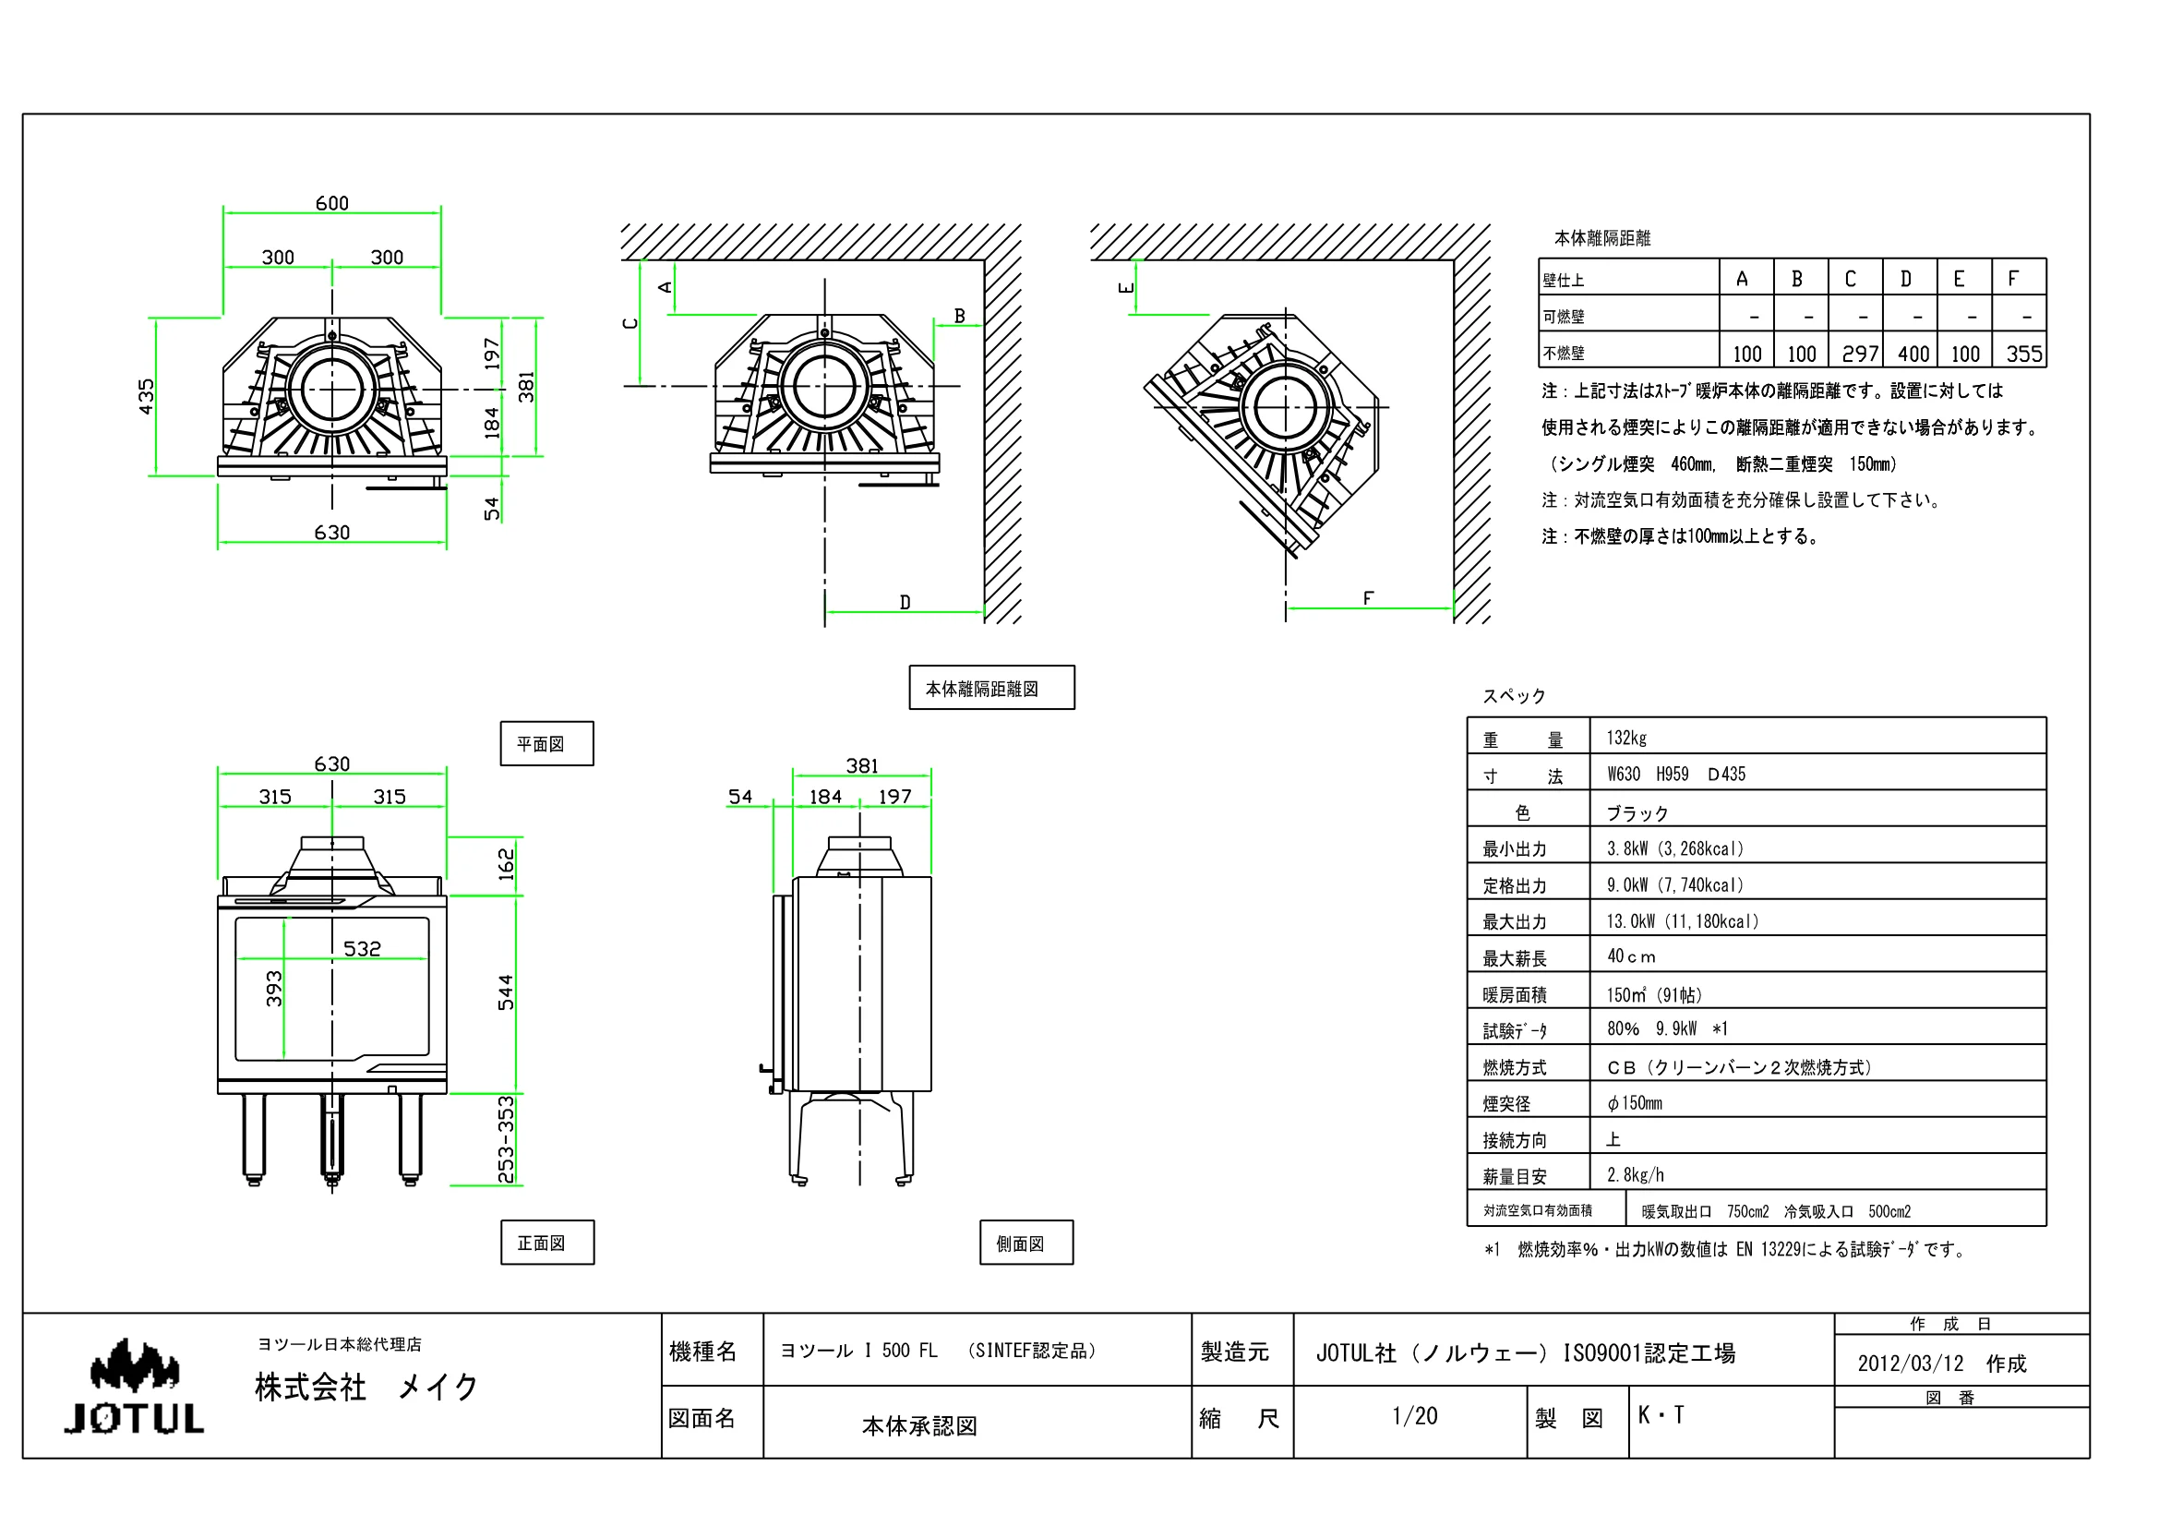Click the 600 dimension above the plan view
click(x=332, y=203)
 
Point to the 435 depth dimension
click(x=146, y=397)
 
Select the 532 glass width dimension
click(x=362, y=949)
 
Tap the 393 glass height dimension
click(x=273, y=989)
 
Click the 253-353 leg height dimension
click(x=506, y=1139)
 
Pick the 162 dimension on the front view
click(x=506, y=865)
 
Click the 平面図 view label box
click(x=546, y=744)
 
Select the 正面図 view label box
click(x=547, y=1242)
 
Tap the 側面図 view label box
click(x=1026, y=1243)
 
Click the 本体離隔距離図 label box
click(x=991, y=689)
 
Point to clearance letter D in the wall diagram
click(x=905, y=602)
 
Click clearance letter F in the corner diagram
click(x=1368, y=598)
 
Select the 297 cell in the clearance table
click(x=1859, y=354)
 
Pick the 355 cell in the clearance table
click(x=2023, y=354)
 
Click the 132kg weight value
click(x=1625, y=739)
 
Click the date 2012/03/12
click(x=1910, y=1364)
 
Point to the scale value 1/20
click(x=1414, y=1416)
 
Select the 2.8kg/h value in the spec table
click(x=1636, y=1175)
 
